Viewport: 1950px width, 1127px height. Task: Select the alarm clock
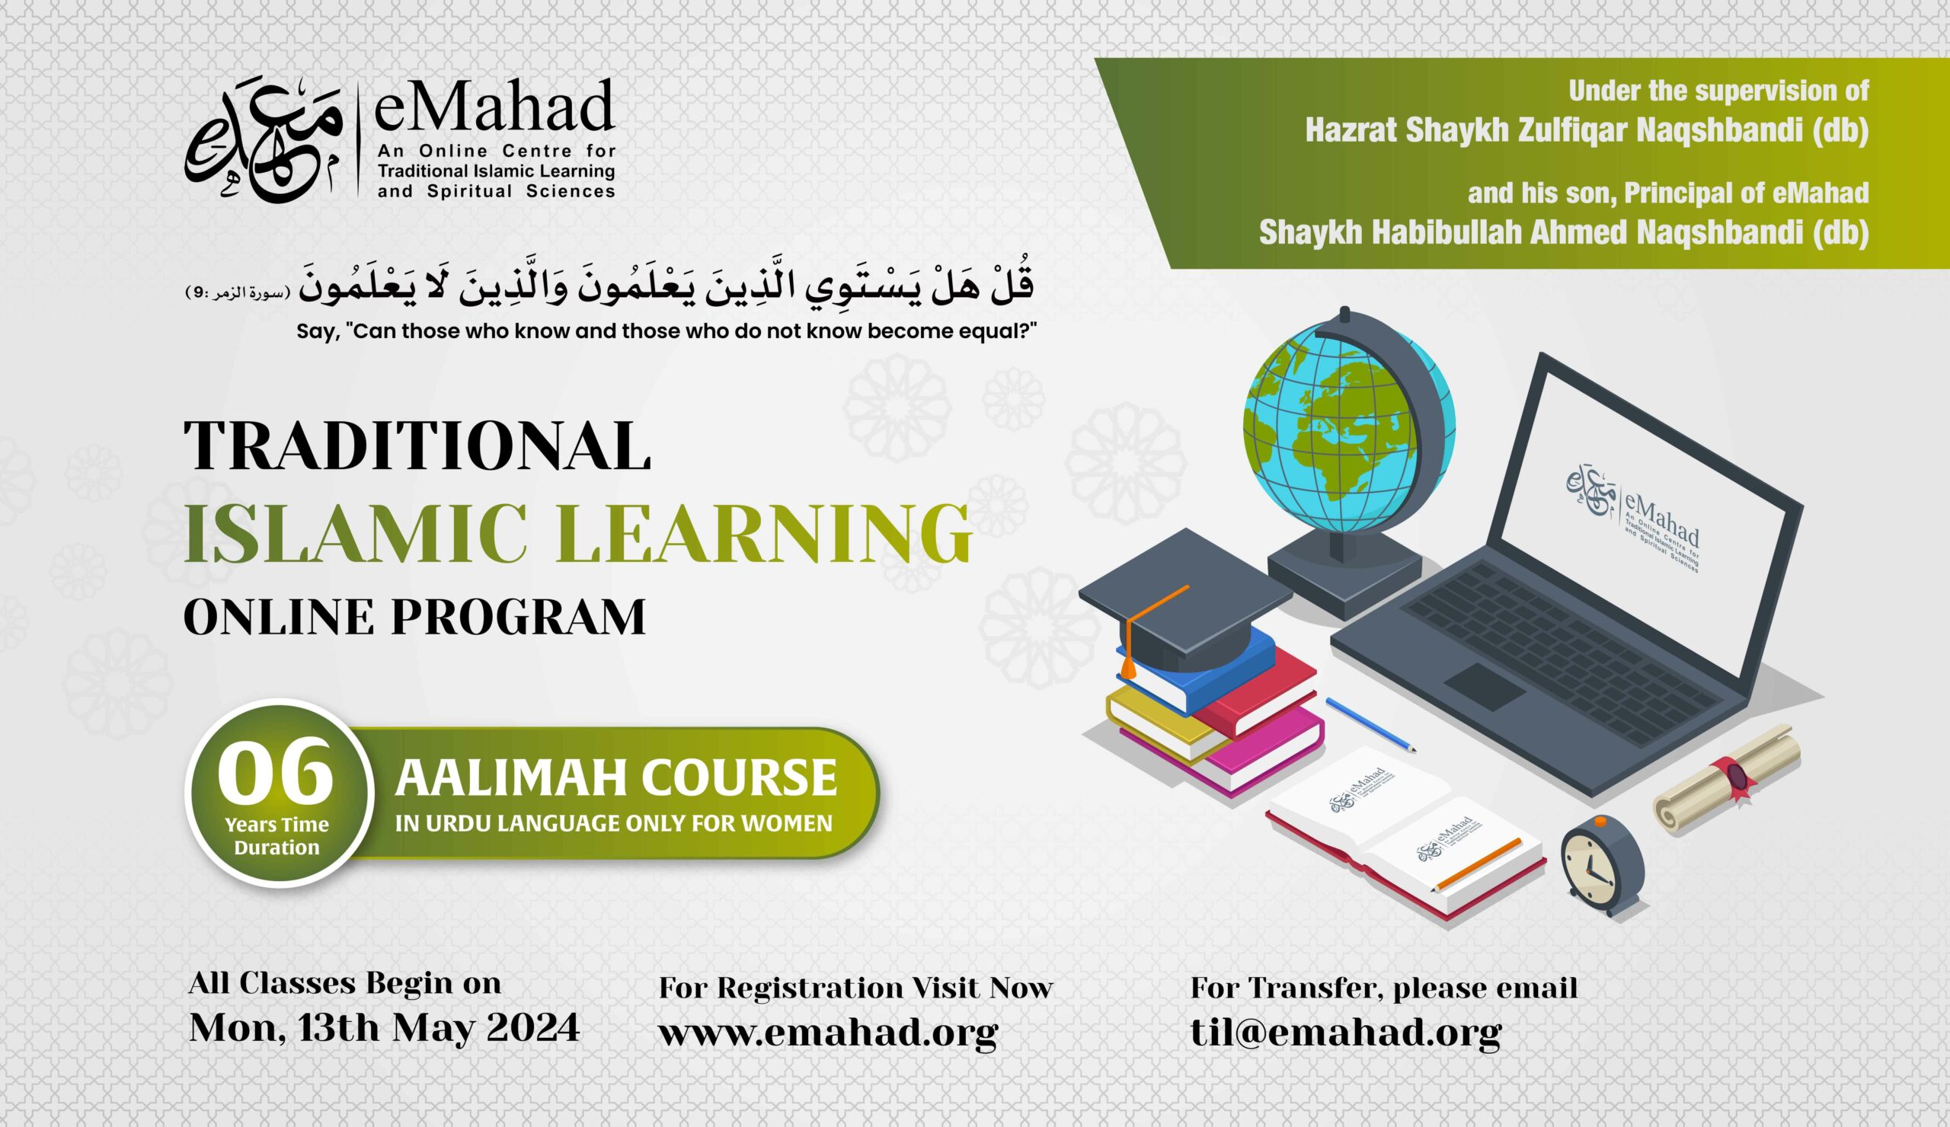pos(1601,867)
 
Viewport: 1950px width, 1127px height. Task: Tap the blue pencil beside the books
pos(1370,724)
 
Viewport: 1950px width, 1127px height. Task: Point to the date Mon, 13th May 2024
pos(385,1027)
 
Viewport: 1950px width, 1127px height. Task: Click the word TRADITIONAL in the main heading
pos(417,446)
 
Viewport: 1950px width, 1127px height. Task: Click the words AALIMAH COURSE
pos(616,777)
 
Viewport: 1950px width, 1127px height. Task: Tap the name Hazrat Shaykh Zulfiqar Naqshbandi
pos(1587,131)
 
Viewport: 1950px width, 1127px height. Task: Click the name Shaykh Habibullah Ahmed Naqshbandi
pos(1563,232)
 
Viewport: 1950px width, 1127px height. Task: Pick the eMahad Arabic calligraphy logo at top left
pos(263,147)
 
